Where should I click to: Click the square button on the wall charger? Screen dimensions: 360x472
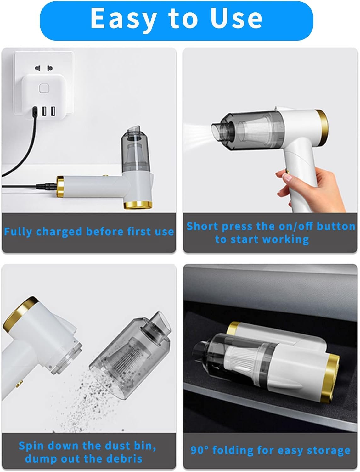click(x=44, y=88)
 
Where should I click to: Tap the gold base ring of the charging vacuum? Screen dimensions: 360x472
click(x=138, y=205)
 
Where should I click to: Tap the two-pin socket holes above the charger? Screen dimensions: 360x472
click(x=44, y=68)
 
